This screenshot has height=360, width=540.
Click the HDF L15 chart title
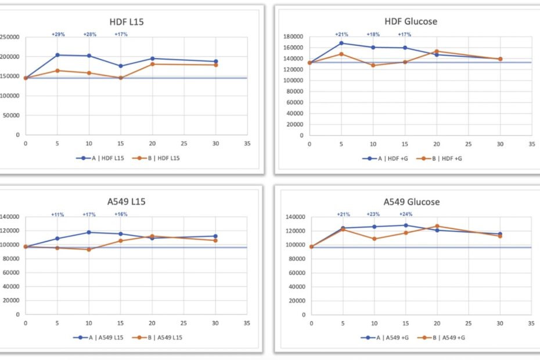[127, 22]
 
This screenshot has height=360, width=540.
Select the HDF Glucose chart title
[410, 21]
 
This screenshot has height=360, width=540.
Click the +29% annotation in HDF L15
[58, 34]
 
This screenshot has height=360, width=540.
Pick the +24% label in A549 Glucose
[405, 214]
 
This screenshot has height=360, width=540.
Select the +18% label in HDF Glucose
[373, 34]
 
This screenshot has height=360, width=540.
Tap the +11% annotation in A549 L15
[58, 214]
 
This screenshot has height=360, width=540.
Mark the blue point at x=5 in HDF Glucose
[341, 43]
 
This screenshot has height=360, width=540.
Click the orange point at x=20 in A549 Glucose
[437, 226]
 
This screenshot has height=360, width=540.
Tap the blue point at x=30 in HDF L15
[215, 61]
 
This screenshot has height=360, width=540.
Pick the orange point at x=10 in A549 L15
[89, 249]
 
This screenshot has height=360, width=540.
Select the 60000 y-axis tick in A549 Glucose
[296, 273]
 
